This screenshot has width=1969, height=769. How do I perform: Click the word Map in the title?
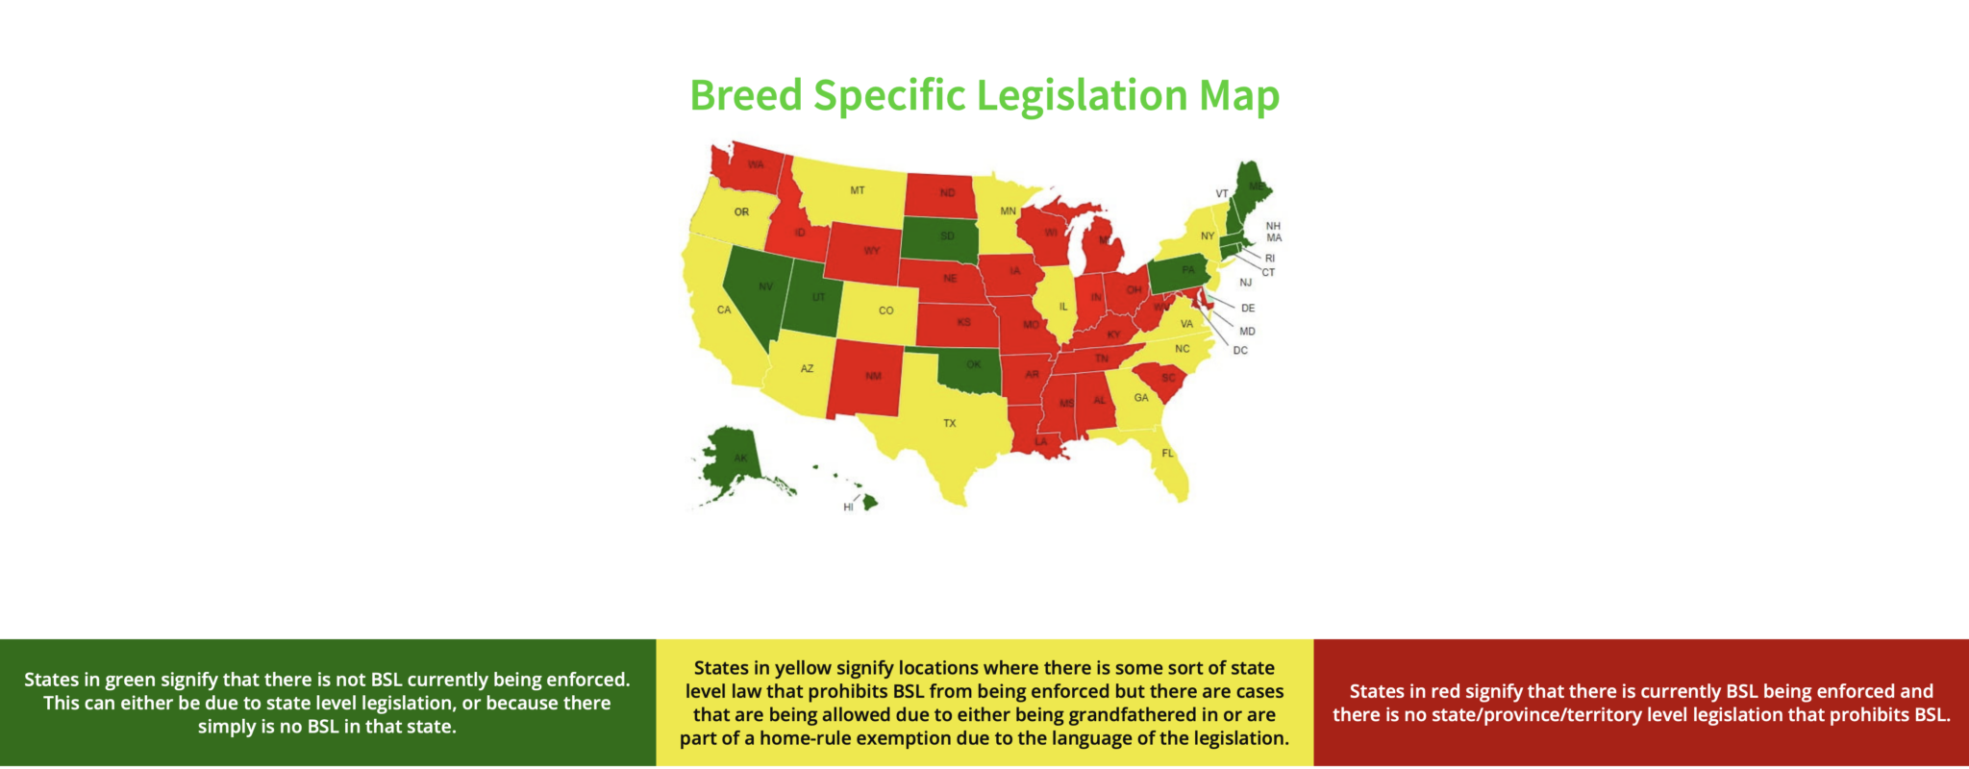coord(1238,96)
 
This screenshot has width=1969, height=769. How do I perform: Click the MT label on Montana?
coord(857,190)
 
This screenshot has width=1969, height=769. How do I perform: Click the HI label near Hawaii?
coord(848,508)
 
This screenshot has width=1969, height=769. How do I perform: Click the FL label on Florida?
coord(1167,454)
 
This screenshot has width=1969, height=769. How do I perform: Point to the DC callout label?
coord(1240,351)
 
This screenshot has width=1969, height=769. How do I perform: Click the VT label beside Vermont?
coord(1221,194)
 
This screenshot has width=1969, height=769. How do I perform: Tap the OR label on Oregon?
coord(741,212)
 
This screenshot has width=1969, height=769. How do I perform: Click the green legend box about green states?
coord(327,703)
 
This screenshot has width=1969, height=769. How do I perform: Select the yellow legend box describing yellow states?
coord(984,703)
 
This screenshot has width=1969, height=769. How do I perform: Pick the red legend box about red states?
coord(1641,703)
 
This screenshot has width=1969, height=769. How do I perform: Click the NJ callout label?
coord(1245,283)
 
